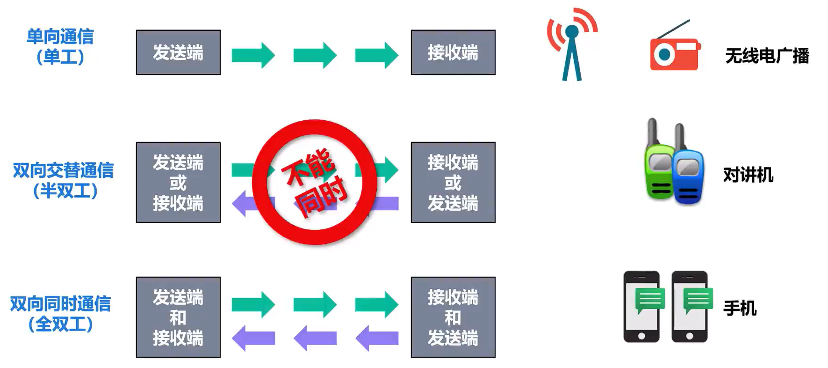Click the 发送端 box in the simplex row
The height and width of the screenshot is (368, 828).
[178, 52]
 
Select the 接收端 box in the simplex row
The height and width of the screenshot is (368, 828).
[453, 52]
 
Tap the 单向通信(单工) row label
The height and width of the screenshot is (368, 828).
[60, 46]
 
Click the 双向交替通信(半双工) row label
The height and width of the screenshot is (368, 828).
[64, 180]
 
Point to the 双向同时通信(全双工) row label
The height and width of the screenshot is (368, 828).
[61, 314]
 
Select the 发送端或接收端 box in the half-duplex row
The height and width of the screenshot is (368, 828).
[178, 182]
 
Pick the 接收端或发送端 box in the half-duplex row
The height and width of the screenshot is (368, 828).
[453, 182]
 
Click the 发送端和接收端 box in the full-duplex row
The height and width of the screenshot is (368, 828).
[178, 317]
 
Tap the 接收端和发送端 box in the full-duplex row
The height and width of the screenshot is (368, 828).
[453, 317]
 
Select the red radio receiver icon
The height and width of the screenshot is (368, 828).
[675, 53]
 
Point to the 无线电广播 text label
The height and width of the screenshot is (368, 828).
[767, 56]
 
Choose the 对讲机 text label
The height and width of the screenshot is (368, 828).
[748, 175]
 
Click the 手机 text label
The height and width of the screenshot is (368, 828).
[740, 308]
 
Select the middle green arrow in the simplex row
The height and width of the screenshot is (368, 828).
[315, 55]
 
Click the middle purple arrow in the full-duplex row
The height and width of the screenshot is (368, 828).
[315, 338]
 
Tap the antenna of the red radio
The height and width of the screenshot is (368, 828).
[673, 29]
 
